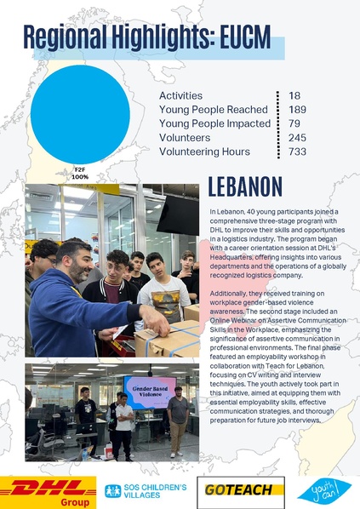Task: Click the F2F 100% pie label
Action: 81,173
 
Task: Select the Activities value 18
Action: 294,96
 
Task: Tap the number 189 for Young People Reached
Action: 297,110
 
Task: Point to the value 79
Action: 294,123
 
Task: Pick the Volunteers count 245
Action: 297,137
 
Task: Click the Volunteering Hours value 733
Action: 297,152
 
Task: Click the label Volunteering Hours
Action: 204,152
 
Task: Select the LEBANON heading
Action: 245,187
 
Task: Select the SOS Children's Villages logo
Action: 145,490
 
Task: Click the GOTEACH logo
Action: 240,490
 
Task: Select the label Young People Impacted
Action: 214,123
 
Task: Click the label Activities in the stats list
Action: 180,96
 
